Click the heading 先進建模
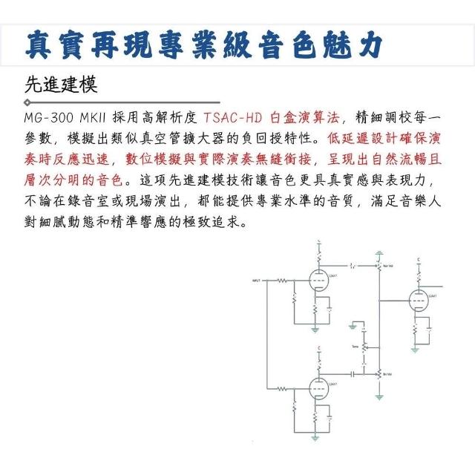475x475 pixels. tap(61, 84)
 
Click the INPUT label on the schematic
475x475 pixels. tap(257, 281)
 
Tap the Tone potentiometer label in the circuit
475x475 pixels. tap(355, 347)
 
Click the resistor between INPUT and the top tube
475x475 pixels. tap(283, 281)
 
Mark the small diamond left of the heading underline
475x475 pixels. tap(27, 102)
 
